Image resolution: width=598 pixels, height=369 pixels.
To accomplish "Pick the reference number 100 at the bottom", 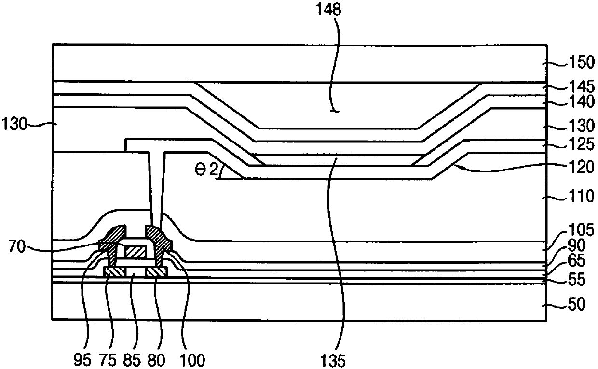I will pyautogui.click(x=193, y=360).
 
